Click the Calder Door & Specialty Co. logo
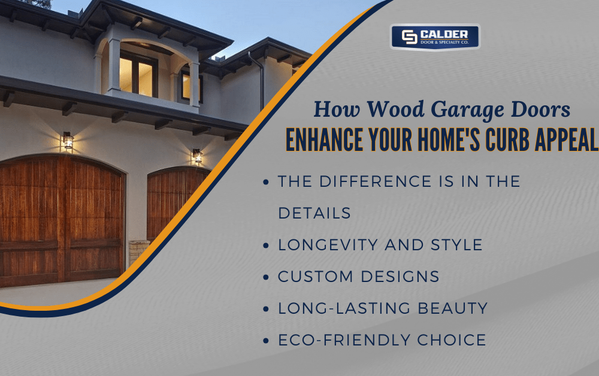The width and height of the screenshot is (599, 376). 435,37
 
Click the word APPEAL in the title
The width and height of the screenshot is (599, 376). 563,140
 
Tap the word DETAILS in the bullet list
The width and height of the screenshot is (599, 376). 314,213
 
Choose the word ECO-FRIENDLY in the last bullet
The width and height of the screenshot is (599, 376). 344,340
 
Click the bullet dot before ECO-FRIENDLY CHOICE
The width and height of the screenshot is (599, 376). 266,341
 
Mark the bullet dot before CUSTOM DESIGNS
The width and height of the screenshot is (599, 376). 266,277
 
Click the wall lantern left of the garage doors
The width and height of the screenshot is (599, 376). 68,141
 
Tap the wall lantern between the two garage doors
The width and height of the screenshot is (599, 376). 197,156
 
